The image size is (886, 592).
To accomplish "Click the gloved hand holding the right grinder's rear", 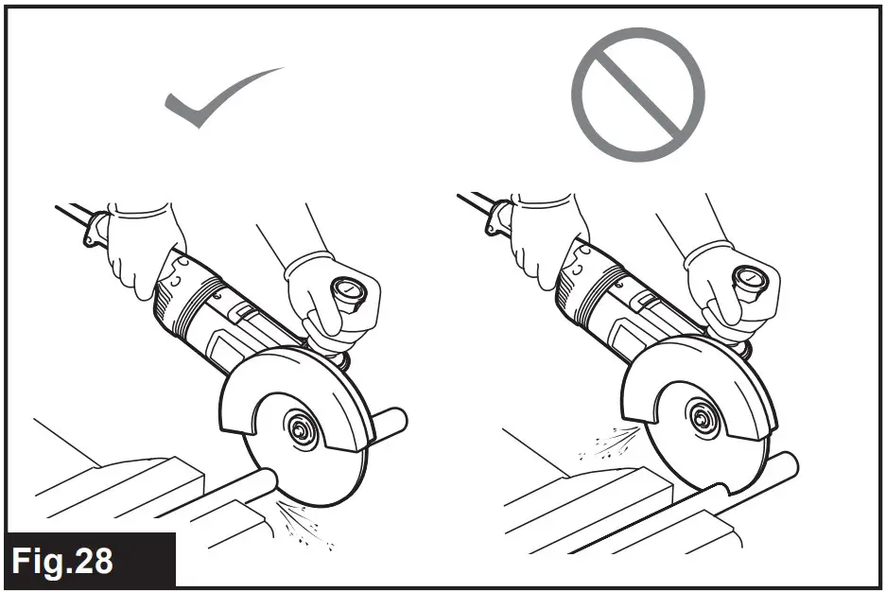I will (546, 236).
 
